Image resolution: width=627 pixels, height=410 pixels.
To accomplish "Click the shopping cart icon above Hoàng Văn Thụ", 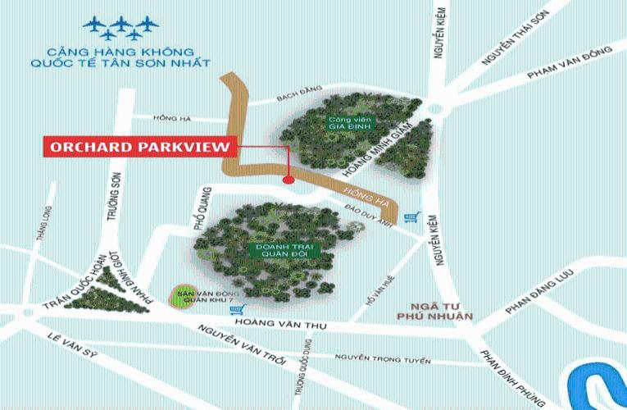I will [x=239, y=309].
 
